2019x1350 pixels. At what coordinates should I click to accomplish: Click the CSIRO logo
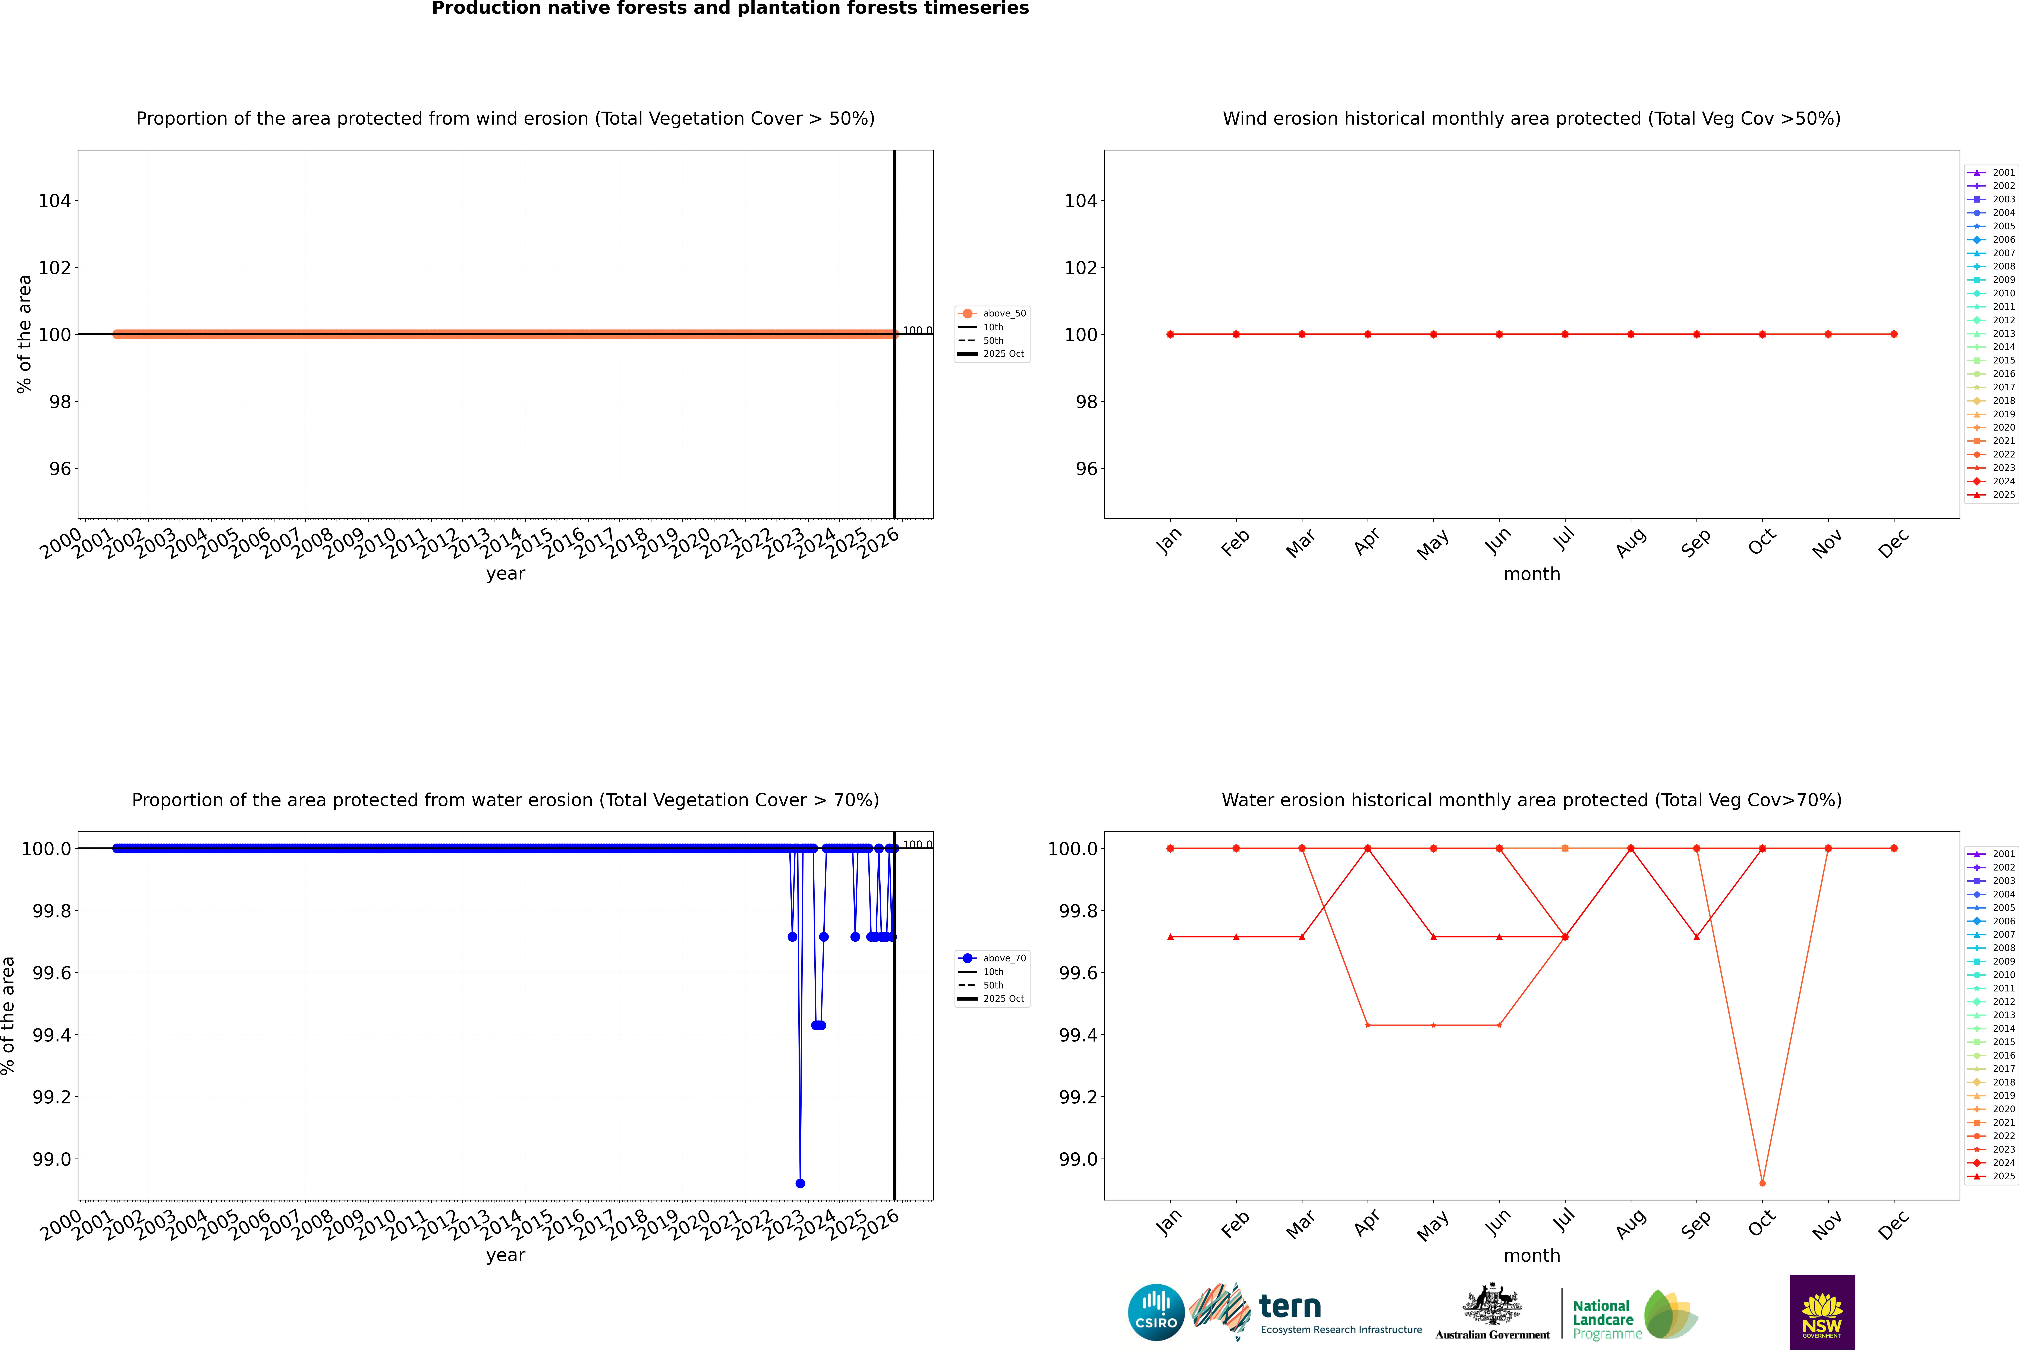[x=1156, y=1312]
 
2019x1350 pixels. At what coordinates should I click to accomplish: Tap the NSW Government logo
[x=1822, y=1312]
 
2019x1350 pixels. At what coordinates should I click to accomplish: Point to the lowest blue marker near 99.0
[x=800, y=1183]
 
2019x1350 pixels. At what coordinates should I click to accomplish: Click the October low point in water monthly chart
[x=1762, y=1183]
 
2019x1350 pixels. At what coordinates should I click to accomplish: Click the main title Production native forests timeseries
[x=730, y=9]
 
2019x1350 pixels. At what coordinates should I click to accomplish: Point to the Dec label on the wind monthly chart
[x=1893, y=542]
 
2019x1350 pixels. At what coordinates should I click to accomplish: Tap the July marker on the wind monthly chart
[x=1564, y=334]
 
